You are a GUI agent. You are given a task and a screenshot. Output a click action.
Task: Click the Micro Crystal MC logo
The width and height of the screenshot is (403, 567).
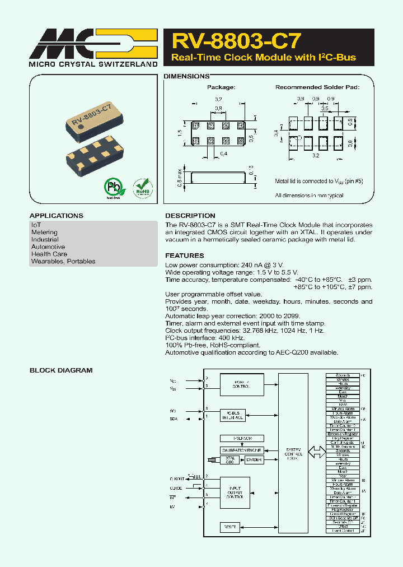coord(93,44)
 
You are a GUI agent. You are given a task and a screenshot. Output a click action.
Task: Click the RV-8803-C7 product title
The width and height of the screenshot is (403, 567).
coord(237,41)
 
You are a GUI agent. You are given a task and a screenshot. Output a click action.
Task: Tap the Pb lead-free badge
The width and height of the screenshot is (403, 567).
coord(114,188)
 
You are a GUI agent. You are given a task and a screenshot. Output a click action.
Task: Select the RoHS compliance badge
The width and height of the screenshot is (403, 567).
coord(142,188)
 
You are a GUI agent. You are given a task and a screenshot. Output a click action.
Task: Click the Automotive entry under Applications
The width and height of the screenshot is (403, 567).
coord(48,247)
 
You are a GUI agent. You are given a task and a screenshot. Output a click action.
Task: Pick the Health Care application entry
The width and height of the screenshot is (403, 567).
coord(49,254)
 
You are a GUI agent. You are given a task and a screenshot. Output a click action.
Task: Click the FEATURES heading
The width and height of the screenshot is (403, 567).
coord(184,255)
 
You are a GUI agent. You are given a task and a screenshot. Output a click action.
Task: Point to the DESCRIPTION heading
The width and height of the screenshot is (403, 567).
coord(190,216)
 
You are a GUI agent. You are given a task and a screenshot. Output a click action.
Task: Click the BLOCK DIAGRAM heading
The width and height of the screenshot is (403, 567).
coord(61,370)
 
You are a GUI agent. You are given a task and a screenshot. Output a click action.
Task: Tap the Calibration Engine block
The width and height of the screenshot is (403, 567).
coord(242,450)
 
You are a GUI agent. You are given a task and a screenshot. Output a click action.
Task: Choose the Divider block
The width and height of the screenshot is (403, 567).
coord(254,460)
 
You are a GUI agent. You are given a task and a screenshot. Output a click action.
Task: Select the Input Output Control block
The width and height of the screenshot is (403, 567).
coord(235,492)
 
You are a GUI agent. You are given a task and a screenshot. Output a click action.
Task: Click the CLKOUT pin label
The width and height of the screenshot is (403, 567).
coord(176,479)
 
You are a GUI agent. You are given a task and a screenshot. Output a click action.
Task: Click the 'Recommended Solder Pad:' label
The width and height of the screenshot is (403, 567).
coord(317,87)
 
